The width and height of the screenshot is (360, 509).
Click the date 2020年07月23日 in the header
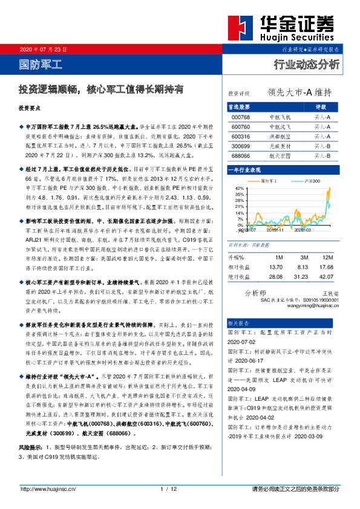point(42,48)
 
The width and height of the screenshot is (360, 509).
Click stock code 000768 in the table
point(241,117)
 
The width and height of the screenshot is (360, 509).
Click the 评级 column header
point(321,106)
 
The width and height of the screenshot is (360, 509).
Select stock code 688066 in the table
point(241,155)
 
